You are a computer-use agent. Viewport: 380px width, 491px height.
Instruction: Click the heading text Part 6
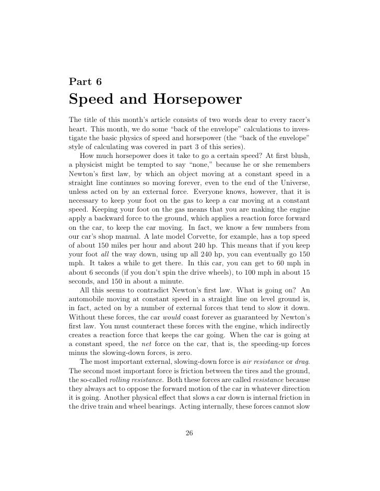(x=85, y=81)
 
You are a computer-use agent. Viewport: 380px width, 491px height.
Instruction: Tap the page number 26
(x=189, y=434)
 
